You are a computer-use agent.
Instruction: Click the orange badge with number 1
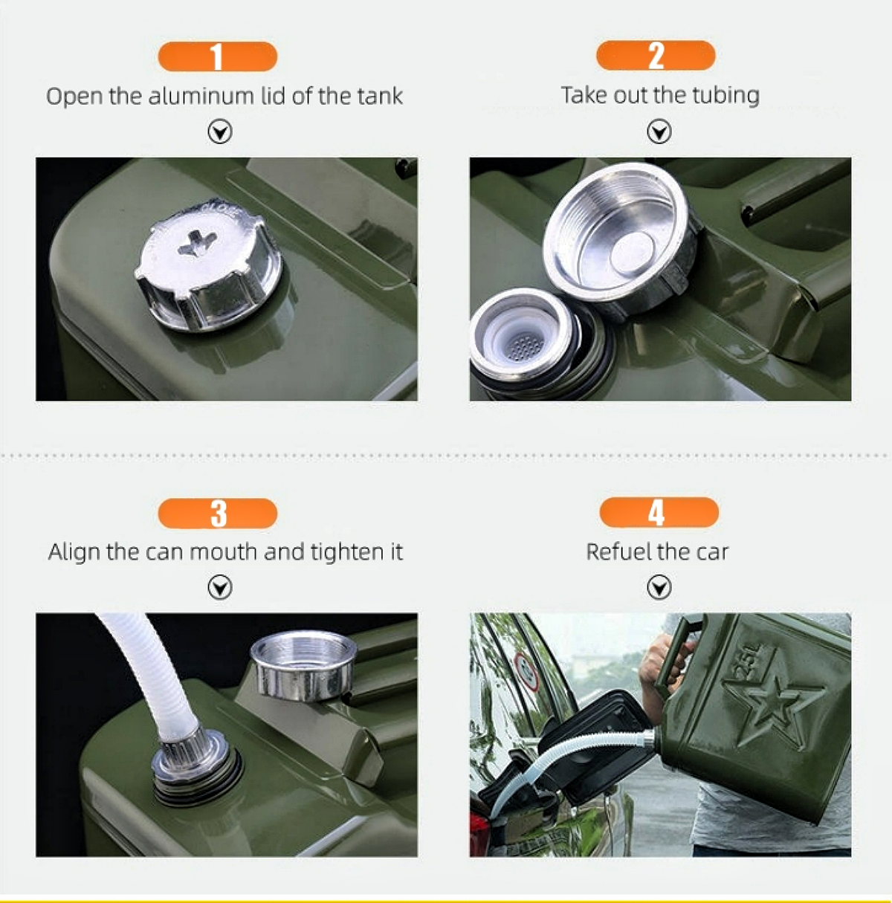coord(217,56)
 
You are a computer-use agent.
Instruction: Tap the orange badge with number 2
coord(656,56)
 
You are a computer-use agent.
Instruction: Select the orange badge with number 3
coord(217,514)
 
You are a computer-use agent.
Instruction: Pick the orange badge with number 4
coord(659,513)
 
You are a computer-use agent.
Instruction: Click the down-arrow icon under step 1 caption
coord(220,132)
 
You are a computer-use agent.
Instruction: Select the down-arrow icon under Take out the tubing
coord(659,132)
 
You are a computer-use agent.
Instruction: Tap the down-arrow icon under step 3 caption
coord(220,588)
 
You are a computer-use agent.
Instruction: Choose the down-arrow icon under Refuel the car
coord(659,588)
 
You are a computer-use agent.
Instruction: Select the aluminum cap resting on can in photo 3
coord(303,665)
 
